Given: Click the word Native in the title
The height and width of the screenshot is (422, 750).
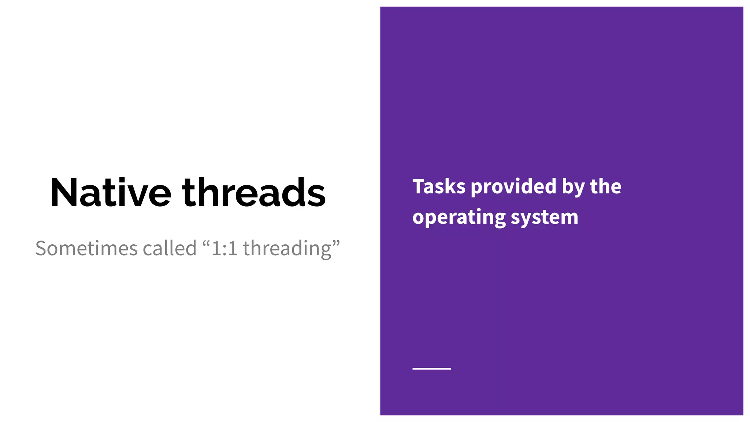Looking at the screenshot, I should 111,193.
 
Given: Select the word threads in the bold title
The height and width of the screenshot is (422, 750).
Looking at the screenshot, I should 254,193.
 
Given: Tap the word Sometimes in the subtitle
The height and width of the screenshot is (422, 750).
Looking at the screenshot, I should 86,248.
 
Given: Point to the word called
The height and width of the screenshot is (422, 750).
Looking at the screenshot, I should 170,248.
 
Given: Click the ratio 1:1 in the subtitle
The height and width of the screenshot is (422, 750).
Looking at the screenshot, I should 224,248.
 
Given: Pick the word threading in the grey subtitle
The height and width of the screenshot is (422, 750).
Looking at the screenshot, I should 287,249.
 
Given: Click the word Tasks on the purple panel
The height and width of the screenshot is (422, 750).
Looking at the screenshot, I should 439,186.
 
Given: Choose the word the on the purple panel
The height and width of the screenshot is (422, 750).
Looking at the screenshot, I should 606,186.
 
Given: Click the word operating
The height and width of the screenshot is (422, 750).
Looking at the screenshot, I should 459,218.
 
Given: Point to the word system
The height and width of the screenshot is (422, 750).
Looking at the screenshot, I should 545,218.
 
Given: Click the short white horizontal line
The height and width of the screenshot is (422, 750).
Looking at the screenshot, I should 431,369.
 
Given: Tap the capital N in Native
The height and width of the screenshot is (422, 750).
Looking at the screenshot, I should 63,193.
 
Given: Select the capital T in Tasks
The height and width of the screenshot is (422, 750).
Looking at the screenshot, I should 419,186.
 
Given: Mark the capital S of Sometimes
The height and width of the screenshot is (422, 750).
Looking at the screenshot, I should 42,248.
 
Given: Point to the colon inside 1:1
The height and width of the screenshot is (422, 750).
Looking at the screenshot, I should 225,250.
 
